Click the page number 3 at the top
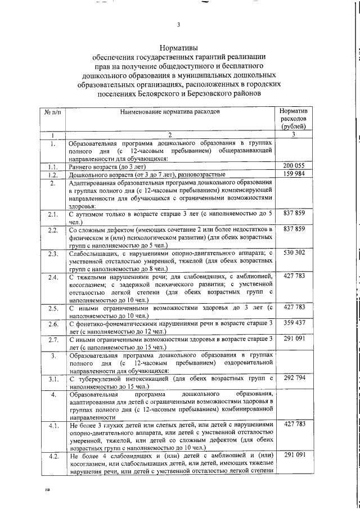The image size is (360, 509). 178,24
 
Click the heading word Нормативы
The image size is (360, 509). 178,48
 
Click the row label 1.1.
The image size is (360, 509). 52,166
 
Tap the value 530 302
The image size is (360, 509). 294,253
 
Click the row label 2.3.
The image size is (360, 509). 52,254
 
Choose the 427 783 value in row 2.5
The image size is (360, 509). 294,307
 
